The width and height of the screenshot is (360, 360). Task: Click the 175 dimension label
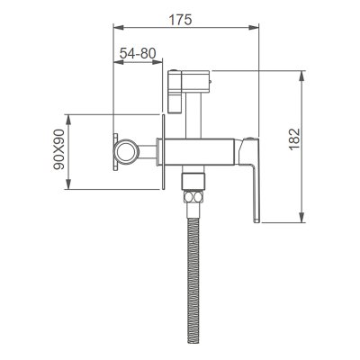pos(180,20)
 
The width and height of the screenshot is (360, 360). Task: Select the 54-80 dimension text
pos(138,53)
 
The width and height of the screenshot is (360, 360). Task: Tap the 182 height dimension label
pos(294,139)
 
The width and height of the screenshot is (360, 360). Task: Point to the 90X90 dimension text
pos(59,149)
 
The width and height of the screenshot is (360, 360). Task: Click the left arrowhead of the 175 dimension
pos(118,28)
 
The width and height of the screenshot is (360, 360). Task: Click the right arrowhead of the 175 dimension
pos(254,28)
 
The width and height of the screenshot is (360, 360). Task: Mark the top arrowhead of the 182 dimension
pos(302,76)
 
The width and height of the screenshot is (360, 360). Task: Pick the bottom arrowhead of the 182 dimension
pos(302,217)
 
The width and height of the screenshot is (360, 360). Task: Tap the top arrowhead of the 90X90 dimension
pos(68,120)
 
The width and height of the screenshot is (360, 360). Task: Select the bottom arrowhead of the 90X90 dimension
pos(68,184)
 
